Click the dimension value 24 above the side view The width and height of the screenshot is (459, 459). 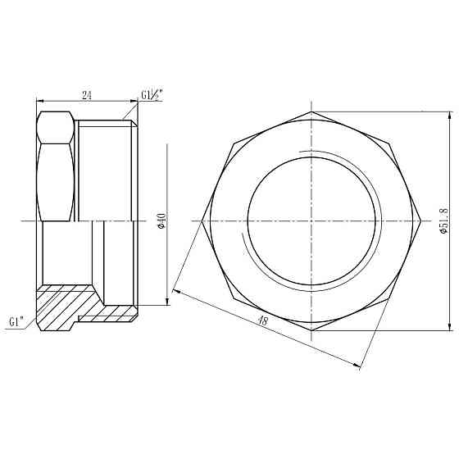(x=86, y=95)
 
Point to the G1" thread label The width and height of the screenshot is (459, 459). (x=16, y=321)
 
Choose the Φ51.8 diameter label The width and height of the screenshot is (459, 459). (x=443, y=221)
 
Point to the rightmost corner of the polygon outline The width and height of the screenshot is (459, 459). (x=422, y=220)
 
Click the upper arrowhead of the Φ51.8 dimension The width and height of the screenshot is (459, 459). (x=450, y=116)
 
